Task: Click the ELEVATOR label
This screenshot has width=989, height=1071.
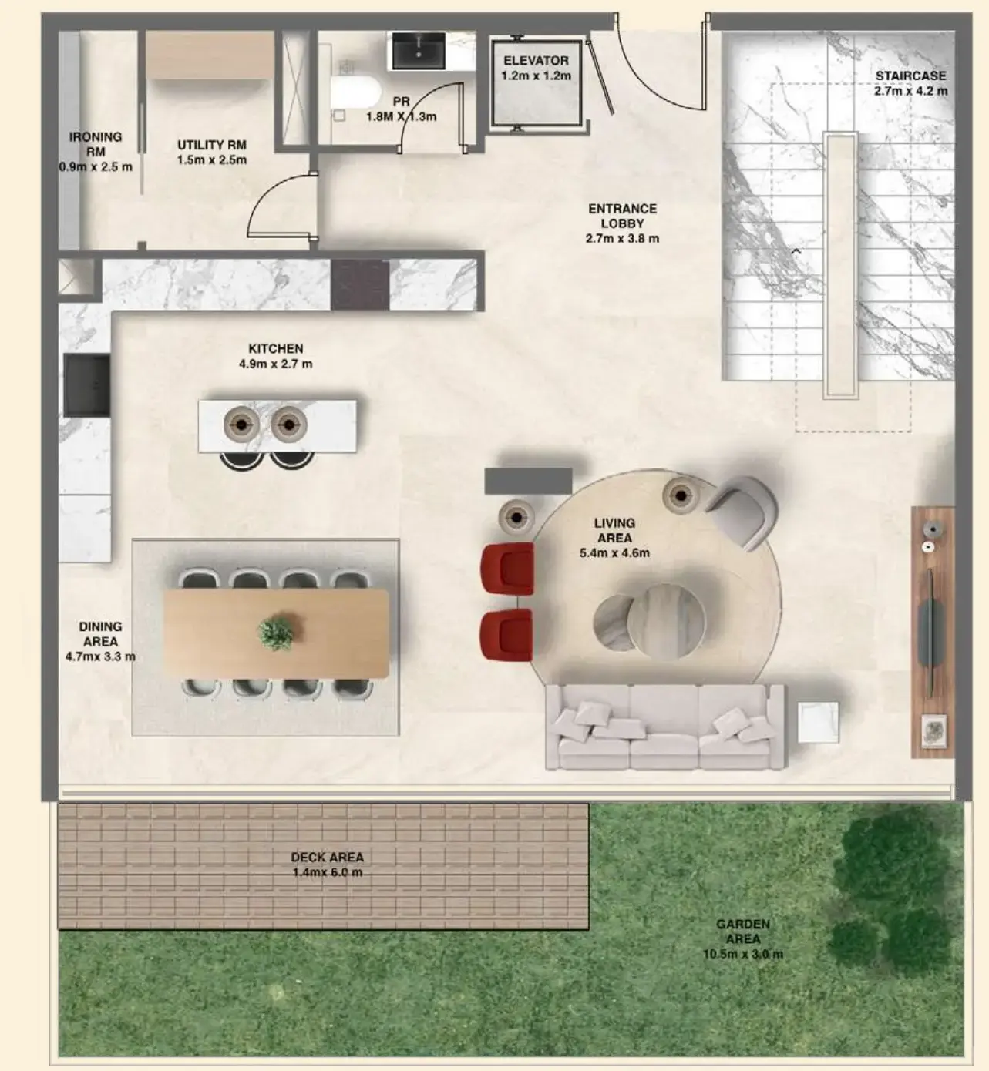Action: point(536,61)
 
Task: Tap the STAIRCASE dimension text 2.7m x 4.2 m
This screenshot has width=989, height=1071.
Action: point(910,91)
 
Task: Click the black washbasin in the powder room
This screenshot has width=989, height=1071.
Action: point(419,51)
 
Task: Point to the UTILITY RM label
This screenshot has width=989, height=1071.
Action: point(211,145)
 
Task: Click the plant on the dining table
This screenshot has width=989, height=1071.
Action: point(275,633)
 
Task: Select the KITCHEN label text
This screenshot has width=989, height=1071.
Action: point(275,349)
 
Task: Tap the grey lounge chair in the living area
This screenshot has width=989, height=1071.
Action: point(742,509)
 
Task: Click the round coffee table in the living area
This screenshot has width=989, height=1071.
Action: point(664,620)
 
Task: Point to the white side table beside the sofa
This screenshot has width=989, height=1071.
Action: point(818,722)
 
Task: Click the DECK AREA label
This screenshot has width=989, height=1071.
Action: point(327,857)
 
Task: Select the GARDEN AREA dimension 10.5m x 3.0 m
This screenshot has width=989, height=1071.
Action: point(742,954)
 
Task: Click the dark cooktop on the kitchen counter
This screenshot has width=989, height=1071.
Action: point(359,284)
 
